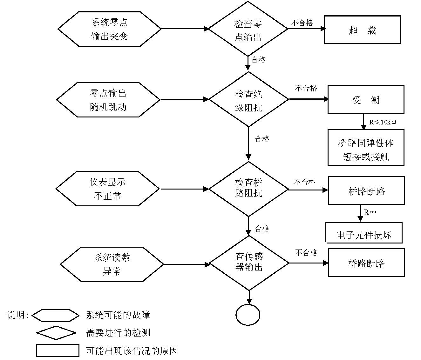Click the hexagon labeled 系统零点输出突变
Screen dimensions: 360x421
point(109,29)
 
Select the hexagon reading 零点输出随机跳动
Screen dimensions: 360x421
point(108,100)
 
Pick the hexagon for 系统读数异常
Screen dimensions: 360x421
point(112,264)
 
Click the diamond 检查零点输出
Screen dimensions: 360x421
point(248,29)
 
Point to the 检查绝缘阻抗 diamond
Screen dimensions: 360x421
point(249,100)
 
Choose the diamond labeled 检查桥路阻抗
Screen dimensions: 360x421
point(248,189)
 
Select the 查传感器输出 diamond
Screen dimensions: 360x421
point(249,263)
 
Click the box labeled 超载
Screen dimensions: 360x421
point(362,30)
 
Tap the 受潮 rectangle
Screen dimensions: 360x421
point(366,99)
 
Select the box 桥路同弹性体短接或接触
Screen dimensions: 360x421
point(366,148)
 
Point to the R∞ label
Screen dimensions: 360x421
point(370,212)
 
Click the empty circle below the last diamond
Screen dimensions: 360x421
point(248,315)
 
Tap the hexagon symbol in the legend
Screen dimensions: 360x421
point(56,316)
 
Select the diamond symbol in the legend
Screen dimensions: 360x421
point(56,333)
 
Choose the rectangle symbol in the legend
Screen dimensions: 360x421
point(58,351)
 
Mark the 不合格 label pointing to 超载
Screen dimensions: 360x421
point(302,23)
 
